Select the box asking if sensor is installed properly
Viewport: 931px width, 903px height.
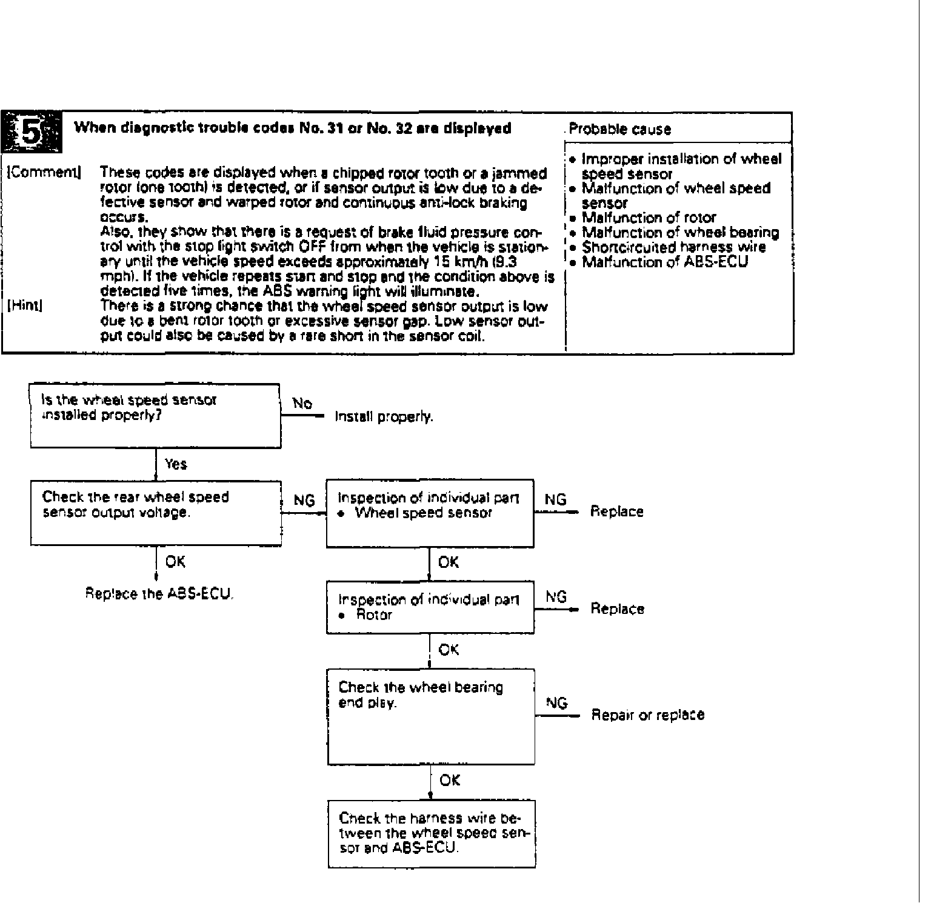tap(155, 415)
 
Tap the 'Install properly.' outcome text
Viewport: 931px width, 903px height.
tap(384, 417)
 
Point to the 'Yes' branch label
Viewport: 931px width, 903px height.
tap(176, 464)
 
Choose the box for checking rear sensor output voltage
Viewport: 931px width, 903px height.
tap(156, 513)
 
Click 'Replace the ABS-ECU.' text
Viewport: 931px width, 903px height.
tap(159, 594)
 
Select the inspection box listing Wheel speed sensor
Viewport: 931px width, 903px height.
tap(430, 513)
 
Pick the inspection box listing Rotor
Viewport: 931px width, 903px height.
tap(430, 607)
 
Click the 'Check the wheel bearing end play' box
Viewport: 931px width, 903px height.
tap(430, 716)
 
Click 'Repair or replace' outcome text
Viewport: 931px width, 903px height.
tap(647, 715)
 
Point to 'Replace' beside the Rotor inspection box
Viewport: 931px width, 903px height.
tap(617, 608)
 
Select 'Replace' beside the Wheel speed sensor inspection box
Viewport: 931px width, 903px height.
tap(616, 511)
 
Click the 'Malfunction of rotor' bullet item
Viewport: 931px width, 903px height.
tap(649, 218)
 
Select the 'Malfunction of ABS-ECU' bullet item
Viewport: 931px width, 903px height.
tap(665, 262)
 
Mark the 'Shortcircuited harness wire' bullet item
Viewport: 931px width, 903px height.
tap(673, 247)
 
